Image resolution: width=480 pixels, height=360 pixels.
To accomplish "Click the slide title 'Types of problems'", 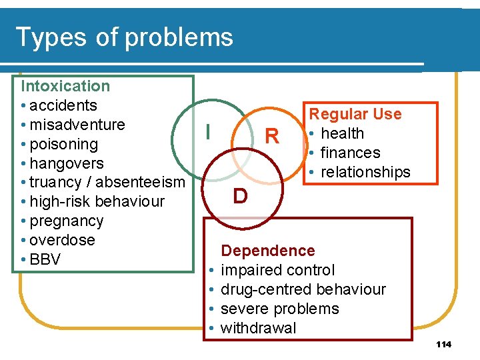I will click(x=124, y=37).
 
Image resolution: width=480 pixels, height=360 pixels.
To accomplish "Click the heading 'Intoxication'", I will click(x=65, y=86).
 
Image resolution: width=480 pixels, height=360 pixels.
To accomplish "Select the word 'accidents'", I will click(x=63, y=105).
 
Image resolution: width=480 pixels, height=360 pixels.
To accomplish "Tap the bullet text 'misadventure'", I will click(x=77, y=125).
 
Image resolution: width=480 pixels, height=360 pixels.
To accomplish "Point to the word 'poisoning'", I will click(x=63, y=144).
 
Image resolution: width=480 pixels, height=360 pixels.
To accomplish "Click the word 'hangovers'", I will click(x=67, y=163).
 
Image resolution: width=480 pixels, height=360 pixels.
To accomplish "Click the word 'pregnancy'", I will click(x=67, y=221).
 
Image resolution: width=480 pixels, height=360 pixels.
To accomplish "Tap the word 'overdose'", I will click(x=63, y=240).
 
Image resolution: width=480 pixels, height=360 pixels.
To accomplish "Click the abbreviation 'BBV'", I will click(x=45, y=259).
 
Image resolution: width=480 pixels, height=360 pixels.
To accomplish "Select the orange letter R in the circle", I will click(x=271, y=137).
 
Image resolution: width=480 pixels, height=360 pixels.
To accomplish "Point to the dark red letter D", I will click(x=240, y=196).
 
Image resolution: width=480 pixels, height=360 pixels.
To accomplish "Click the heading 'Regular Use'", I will click(x=355, y=114).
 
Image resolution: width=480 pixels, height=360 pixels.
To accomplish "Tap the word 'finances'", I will click(x=350, y=153).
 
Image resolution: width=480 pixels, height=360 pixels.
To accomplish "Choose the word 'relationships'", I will click(x=365, y=172).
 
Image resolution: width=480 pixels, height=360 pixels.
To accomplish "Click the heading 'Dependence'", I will click(x=267, y=251).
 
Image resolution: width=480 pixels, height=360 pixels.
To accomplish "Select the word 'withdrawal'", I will click(x=258, y=328).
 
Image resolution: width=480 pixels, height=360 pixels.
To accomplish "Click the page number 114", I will click(x=443, y=345).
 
